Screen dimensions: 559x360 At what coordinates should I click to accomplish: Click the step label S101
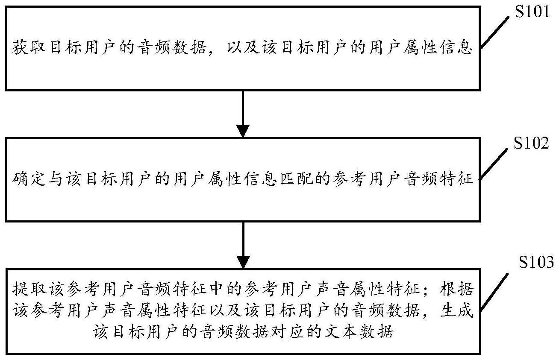pos(532,12)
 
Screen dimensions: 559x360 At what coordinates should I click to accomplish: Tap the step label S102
pos(531,143)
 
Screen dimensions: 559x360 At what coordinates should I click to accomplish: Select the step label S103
pos(536,262)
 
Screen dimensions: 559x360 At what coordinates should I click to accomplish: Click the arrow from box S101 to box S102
pos(243,114)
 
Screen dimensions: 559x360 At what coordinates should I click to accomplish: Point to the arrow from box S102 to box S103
pos(243,245)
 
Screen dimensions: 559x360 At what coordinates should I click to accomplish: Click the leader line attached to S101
pos(494,32)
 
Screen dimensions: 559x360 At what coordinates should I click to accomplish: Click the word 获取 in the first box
pos(29,47)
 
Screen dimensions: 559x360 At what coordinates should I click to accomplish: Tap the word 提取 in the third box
pos(29,289)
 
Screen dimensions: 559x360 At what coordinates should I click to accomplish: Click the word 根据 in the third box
pos(456,289)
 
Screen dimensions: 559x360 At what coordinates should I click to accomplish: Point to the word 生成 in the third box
pos(456,310)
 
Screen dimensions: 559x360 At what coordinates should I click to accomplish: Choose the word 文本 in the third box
pos(341,331)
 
